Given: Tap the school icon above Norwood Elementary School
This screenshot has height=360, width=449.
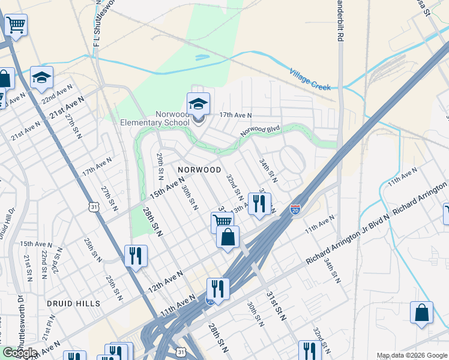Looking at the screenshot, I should pos(199,104).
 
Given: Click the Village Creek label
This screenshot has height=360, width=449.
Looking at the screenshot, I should pos(310,79).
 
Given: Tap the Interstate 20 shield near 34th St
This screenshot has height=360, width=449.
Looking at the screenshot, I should pos(295,209).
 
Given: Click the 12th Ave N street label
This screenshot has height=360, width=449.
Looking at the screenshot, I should pos(166,281).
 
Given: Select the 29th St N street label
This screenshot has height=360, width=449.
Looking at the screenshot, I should pos(161,166).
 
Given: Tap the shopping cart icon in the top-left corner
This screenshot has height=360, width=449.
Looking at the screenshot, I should pos(16,26).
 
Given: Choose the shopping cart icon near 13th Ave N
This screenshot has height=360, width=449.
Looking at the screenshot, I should pos(222,222).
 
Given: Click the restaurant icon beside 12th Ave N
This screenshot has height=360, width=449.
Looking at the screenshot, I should pos(136,256).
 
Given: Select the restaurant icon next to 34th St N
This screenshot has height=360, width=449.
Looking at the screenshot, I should pos(259,203).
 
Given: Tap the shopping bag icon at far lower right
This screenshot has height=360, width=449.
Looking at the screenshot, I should pos(421,312).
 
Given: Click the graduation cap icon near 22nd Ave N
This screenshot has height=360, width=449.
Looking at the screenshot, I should pos(42,77).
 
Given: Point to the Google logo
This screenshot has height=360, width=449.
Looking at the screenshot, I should pos(20,353).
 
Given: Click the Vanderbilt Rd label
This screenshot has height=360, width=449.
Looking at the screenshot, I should pos(340,24).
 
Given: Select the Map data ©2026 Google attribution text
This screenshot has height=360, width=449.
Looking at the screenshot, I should pos(412,356).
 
